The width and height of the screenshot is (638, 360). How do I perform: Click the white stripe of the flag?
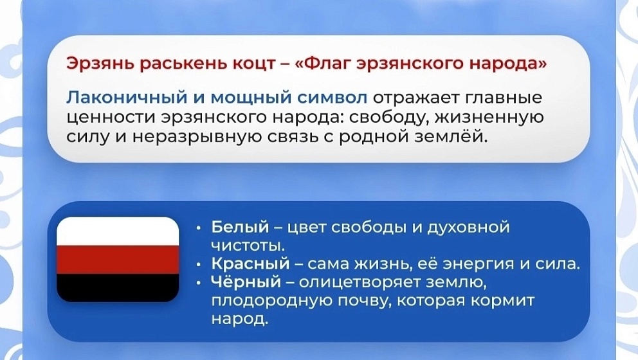pos(118,231)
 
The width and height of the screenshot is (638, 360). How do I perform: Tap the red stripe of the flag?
pos(118,260)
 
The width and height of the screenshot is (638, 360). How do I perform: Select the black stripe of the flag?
pos(118,287)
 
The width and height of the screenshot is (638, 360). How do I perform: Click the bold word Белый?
pos(240,227)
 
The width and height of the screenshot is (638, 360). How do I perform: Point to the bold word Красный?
pos(250,264)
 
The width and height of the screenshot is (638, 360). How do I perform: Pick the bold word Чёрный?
pos(246,282)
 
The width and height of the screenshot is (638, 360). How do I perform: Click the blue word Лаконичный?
pos(127,98)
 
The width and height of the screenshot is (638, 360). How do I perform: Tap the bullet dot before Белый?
pos(198,228)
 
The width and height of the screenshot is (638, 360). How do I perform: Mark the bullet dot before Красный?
pos(198,265)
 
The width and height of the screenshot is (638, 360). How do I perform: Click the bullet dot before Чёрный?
pos(198,283)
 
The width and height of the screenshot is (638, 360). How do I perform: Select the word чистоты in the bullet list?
pos(248,246)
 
